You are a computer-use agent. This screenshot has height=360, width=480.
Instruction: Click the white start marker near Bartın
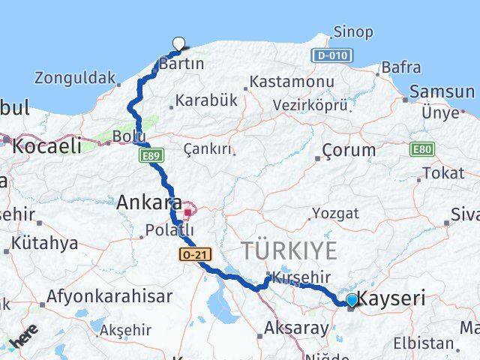[x=178, y=43]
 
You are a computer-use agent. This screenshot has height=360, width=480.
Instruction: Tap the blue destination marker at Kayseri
[x=352, y=301]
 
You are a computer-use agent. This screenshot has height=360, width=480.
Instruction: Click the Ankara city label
[x=148, y=202]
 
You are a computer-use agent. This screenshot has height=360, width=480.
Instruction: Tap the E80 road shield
[x=420, y=149]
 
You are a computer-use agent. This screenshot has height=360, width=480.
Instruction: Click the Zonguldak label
[x=75, y=77]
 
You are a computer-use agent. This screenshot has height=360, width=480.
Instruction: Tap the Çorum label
[x=349, y=149]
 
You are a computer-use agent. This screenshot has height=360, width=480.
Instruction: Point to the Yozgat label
[x=335, y=213]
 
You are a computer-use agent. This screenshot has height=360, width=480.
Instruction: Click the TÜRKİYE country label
[x=288, y=250]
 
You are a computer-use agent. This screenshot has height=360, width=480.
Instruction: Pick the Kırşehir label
[x=300, y=278]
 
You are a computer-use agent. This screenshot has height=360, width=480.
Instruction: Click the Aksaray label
[x=296, y=328]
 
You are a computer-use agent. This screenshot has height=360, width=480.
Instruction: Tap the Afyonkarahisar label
[x=104, y=295]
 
